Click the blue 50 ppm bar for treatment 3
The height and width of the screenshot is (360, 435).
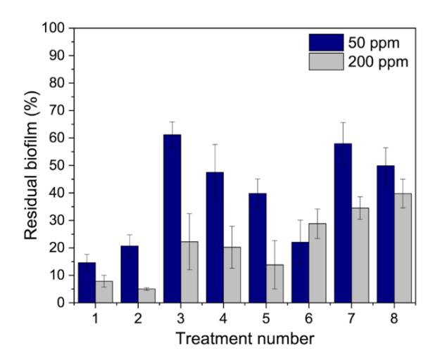[x=172, y=219]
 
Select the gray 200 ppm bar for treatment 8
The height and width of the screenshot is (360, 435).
[x=403, y=248]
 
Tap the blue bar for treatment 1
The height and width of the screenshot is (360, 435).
[x=87, y=283]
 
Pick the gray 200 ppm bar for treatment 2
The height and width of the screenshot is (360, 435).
[x=146, y=296]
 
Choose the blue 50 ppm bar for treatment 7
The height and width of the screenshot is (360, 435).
[x=343, y=223]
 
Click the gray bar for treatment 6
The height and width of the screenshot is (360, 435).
[x=317, y=263]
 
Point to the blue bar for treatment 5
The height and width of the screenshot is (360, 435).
[x=258, y=248]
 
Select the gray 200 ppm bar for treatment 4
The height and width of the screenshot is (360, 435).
[x=232, y=275]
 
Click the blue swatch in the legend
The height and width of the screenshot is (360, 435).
[x=327, y=42]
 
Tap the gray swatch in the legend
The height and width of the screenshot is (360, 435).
[x=327, y=61]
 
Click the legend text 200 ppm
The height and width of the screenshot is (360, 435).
[x=378, y=62]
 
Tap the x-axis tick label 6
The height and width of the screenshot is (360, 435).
[x=309, y=319]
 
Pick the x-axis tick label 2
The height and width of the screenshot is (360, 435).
[x=138, y=319]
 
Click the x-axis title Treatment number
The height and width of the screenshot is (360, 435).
[x=245, y=339]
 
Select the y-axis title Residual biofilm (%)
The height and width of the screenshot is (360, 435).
[x=32, y=165]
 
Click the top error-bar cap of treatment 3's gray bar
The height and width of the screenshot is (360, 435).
[x=189, y=213]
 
